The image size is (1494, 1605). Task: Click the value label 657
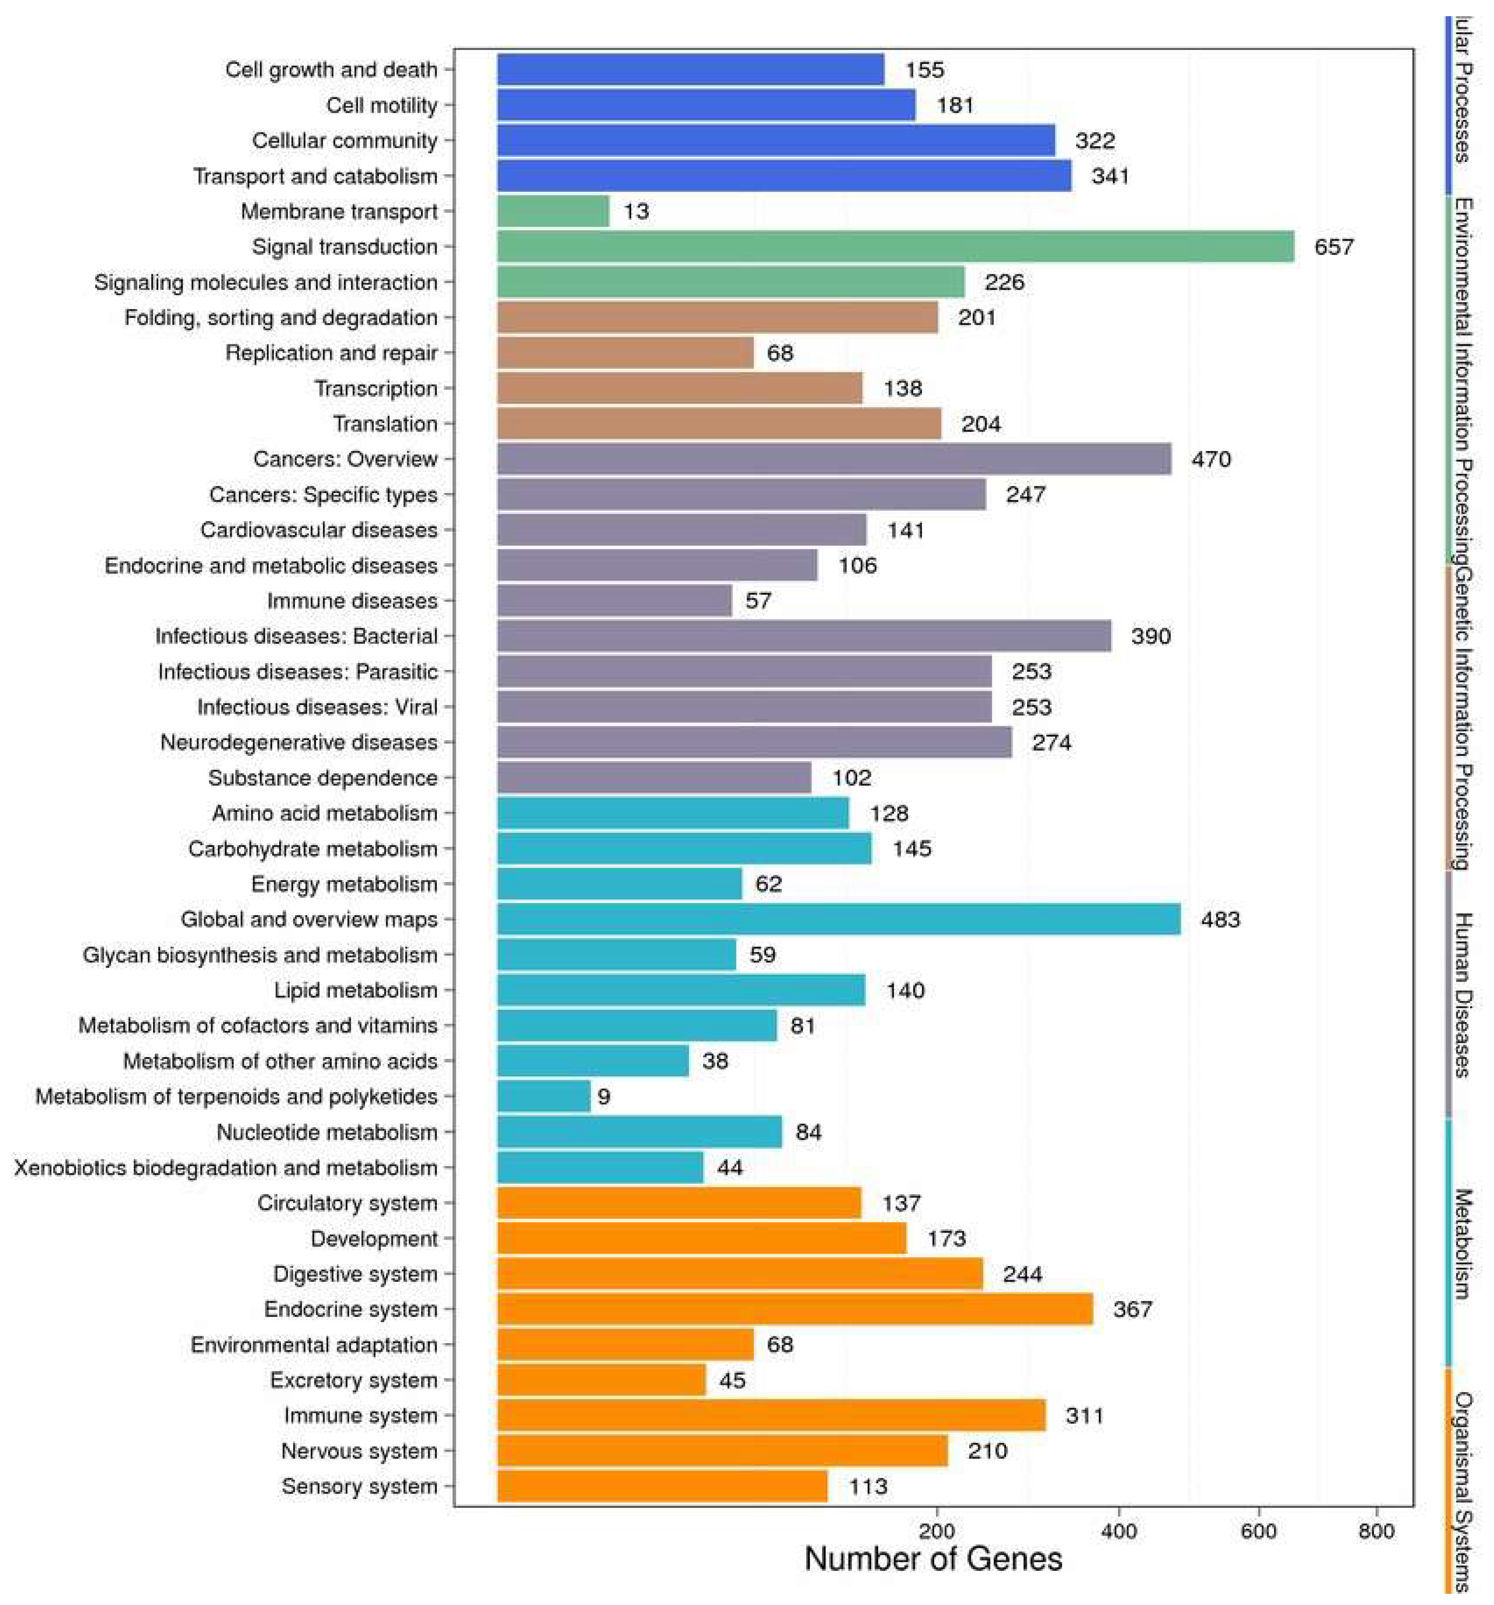(x=1333, y=246)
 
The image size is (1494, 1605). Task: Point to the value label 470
(x=1211, y=459)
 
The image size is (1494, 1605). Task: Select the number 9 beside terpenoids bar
(x=604, y=1096)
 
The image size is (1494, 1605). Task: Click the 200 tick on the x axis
(x=936, y=1531)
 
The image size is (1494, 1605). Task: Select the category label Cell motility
(x=382, y=105)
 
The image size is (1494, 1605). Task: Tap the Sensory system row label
(x=359, y=1486)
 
